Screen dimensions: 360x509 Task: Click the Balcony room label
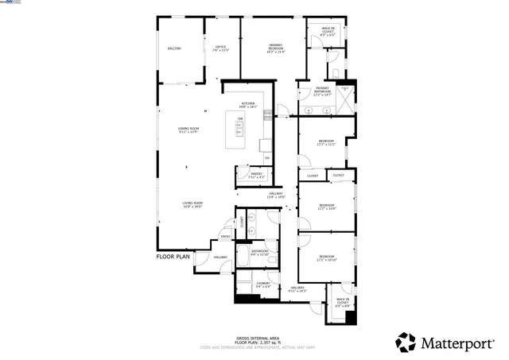coord(174,48)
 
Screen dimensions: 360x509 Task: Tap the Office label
coord(221,48)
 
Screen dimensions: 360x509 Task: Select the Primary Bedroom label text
coord(276,48)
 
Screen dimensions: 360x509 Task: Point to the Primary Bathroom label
coord(322,91)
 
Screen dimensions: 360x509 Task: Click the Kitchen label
coord(248,104)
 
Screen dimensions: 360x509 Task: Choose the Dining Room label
coord(188,130)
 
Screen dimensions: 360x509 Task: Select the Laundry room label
coord(264,285)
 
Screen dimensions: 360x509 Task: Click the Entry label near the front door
coord(225,236)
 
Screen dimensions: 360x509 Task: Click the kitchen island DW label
coord(239,118)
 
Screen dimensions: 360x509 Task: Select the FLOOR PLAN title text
coord(173,257)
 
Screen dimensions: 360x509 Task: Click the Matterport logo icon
coord(406,342)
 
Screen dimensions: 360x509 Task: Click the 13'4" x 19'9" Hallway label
coord(276,195)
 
